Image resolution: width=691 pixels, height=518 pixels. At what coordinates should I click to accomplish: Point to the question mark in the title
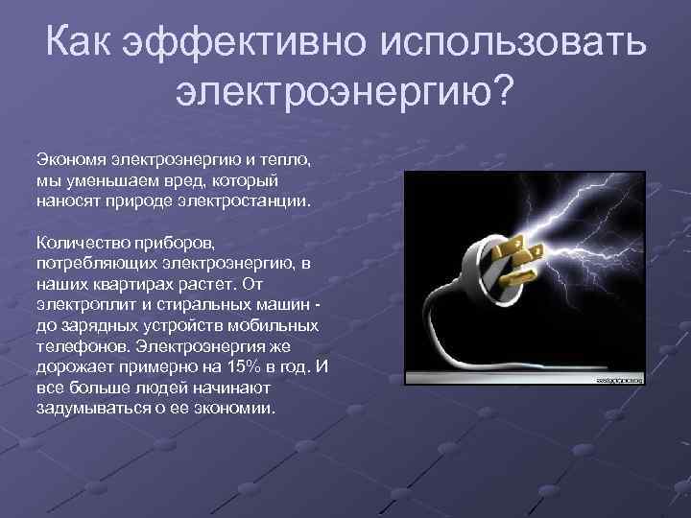coord(504,93)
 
